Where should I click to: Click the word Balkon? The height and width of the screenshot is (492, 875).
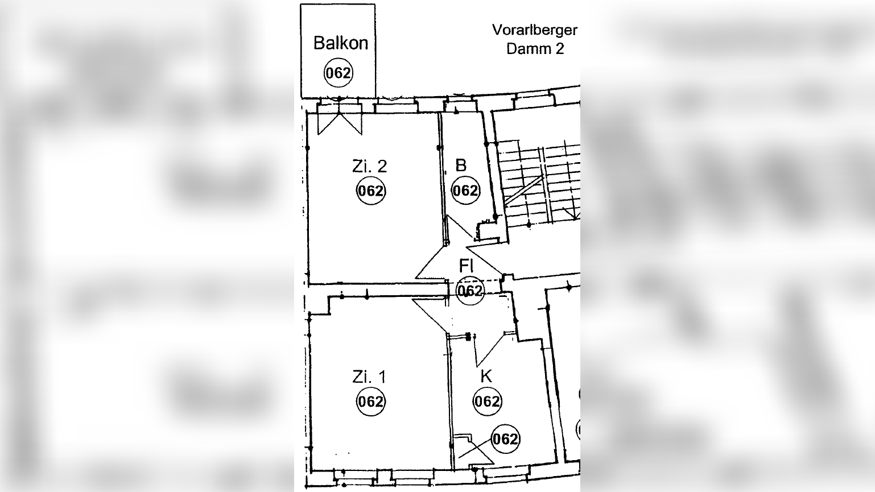point(340,43)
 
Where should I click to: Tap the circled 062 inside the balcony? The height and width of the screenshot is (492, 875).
point(338,73)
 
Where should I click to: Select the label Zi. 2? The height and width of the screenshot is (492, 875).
point(369,166)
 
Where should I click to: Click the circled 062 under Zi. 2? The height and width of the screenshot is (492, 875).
point(370,191)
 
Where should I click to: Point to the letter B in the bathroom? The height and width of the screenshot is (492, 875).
point(461,165)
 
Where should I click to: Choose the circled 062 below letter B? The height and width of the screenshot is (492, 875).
point(465,191)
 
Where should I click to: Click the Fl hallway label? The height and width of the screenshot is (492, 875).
point(466,266)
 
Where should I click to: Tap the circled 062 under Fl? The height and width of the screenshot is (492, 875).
point(470,291)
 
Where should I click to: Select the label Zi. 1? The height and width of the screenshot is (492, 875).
point(369,377)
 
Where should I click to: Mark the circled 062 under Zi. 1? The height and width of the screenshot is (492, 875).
point(370,402)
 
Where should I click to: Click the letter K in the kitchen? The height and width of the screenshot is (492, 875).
point(486,376)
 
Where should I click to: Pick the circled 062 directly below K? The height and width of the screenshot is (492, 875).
point(487,402)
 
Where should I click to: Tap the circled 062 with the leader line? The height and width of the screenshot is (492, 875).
point(505,439)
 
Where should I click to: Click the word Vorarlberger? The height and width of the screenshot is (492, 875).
point(534,30)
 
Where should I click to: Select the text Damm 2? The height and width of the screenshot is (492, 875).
point(535,49)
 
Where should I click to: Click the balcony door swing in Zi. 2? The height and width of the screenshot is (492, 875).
point(340,123)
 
